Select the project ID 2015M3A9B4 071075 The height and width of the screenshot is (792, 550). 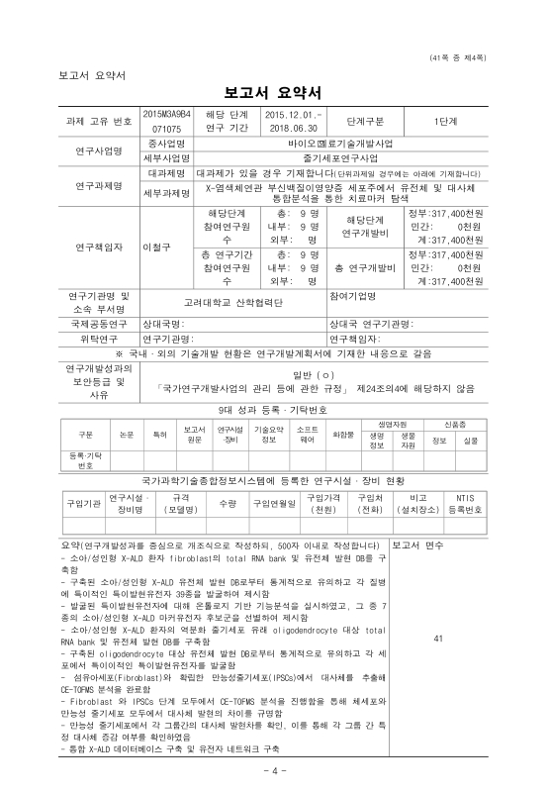coord(166,121)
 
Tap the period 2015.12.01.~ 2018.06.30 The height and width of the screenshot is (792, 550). coord(290,121)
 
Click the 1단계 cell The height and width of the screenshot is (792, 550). coord(443,121)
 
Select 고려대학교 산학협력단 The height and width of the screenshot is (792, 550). coord(233,300)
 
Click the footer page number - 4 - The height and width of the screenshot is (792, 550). coord(275,769)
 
